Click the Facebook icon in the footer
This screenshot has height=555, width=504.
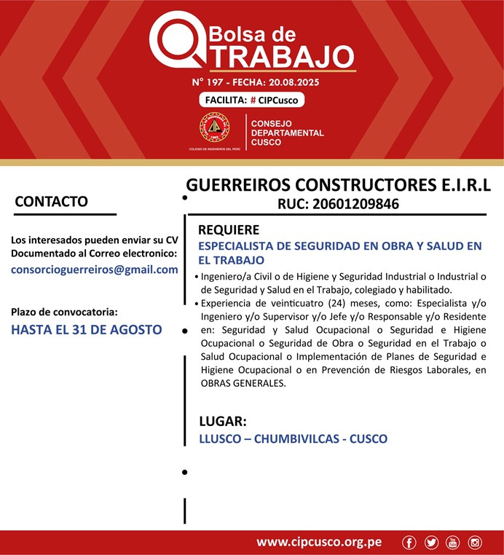click(409, 542)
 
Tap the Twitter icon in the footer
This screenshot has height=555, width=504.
click(431, 542)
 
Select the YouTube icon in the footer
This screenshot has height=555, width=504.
click(453, 542)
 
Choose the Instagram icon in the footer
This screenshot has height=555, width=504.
click(475, 542)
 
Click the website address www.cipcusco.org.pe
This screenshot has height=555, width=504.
click(319, 542)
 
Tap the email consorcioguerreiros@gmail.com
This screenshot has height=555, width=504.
click(95, 269)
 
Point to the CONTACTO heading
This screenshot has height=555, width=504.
click(51, 202)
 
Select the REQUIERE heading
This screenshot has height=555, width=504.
click(229, 230)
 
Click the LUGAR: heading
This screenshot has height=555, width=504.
click(223, 421)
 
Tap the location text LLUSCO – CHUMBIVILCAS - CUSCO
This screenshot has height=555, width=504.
click(293, 439)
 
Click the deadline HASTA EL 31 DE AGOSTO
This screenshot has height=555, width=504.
click(87, 329)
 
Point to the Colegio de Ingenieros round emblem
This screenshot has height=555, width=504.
click(214, 128)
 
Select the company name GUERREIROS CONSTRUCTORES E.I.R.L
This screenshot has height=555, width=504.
click(338, 184)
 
